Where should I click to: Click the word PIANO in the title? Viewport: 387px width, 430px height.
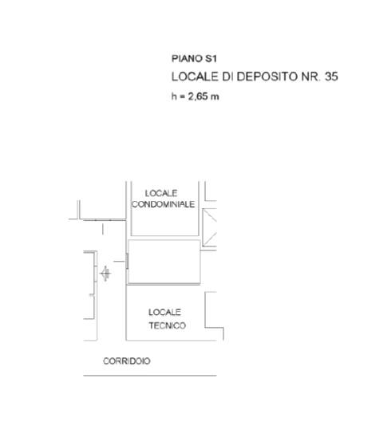click(187, 58)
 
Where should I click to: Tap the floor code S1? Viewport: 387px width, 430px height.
click(211, 58)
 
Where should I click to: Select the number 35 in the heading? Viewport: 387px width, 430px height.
click(331, 77)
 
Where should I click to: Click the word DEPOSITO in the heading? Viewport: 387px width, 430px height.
click(267, 77)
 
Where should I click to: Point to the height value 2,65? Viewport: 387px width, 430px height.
click(197, 97)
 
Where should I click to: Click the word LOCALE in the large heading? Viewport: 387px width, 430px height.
click(195, 77)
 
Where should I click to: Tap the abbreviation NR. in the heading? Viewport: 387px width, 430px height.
click(310, 77)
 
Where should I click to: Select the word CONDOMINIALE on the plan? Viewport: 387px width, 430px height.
click(164, 204)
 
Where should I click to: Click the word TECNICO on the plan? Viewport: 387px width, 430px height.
click(168, 325)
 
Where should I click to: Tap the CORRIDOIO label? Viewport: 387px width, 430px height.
click(127, 361)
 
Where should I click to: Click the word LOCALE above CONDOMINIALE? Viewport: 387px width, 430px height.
click(161, 193)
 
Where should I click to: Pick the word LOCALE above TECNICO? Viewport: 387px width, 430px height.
click(164, 312)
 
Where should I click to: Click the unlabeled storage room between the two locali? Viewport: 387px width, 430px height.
click(164, 262)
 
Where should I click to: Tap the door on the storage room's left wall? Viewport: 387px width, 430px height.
click(127, 261)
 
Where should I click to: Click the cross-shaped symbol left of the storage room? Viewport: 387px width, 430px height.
click(105, 274)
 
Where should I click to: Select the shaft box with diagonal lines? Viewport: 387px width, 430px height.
click(210, 227)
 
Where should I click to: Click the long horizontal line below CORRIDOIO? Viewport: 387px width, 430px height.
click(150, 376)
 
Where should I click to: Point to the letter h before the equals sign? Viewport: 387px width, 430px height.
click(174, 97)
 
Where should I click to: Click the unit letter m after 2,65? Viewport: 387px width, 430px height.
click(215, 97)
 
